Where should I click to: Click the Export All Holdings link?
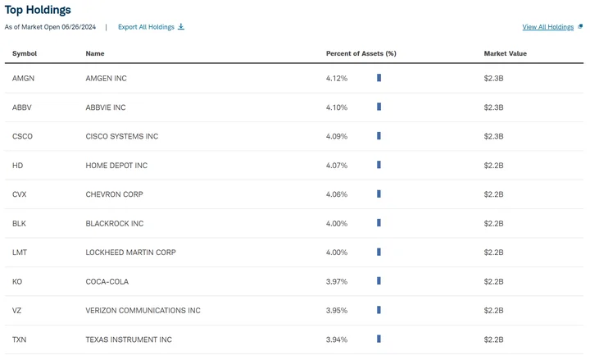pyautogui.click(x=146, y=27)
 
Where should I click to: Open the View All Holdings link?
pyautogui.click(x=548, y=27)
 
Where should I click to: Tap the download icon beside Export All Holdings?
pyautogui.click(x=181, y=27)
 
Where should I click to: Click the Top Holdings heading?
pyautogui.click(x=38, y=10)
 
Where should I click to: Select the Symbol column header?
pyautogui.click(x=25, y=53)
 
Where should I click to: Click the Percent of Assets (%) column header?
pyautogui.click(x=361, y=53)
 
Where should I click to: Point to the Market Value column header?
pyautogui.click(x=506, y=53)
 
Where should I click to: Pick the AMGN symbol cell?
pyautogui.click(x=23, y=79)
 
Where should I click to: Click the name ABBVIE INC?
pyautogui.click(x=106, y=107)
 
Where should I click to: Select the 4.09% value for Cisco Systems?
pyautogui.click(x=337, y=136)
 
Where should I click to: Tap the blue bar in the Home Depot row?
pyautogui.click(x=379, y=165)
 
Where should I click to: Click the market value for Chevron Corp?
pyautogui.click(x=493, y=194)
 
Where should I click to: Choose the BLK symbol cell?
pyautogui.click(x=19, y=224)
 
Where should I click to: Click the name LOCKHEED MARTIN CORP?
pyautogui.click(x=130, y=253)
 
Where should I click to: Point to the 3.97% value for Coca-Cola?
pyautogui.click(x=337, y=281)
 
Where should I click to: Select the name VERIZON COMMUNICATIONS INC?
pyautogui.click(x=143, y=311)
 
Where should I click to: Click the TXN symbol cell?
pyautogui.click(x=19, y=339)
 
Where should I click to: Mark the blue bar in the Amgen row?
pyautogui.click(x=379, y=78)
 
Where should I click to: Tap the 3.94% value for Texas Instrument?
pyautogui.click(x=337, y=339)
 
